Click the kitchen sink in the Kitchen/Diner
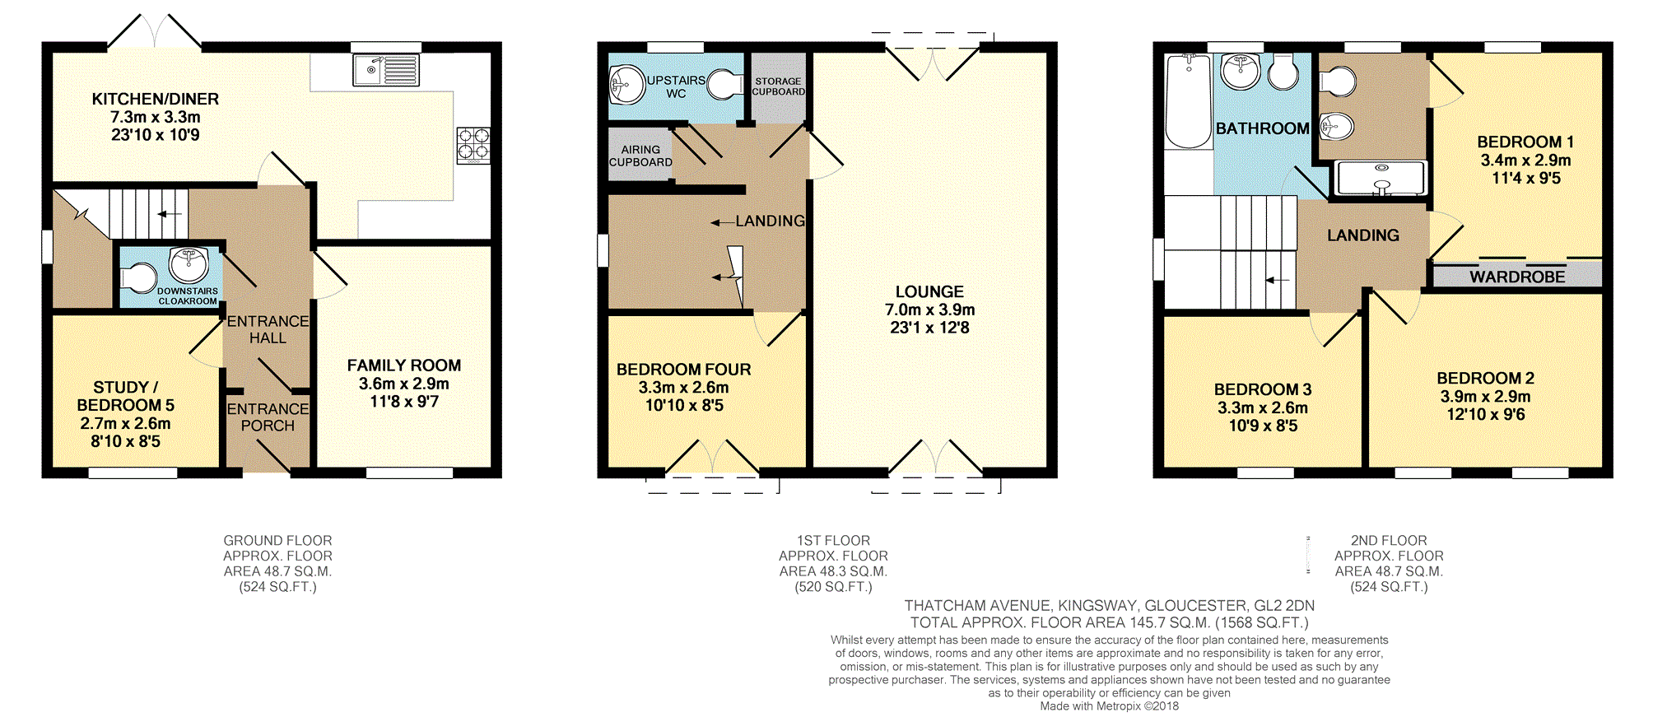pyautogui.click(x=386, y=70)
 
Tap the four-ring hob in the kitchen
pyautogui.click(x=473, y=146)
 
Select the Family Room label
pyautogui.click(x=403, y=365)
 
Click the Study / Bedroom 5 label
pyautogui.click(x=125, y=396)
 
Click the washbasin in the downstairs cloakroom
pyautogui.click(x=189, y=264)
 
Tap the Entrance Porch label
pyautogui.click(x=268, y=417)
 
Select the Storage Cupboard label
pyautogui.click(x=778, y=86)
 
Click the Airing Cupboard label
pyautogui.click(x=640, y=156)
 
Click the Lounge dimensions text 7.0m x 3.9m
pyautogui.click(x=929, y=310)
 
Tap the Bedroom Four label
pyautogui.click(x=683, y=370)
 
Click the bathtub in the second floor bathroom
pyautogui.click(x=1188, y=101)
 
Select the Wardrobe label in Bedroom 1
pyautogui.click(x=1517, y=277)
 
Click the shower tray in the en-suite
pyautogui.click(x=1381, y=178)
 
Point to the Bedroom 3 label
pyautogui.click(x=1263, y=389)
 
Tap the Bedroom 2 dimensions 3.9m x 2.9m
pyautogui.click(x=1485, y=397)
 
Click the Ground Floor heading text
pyautogui.click(x=277, y=541)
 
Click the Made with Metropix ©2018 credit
pyautogui.click(x=1109, y=706)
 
